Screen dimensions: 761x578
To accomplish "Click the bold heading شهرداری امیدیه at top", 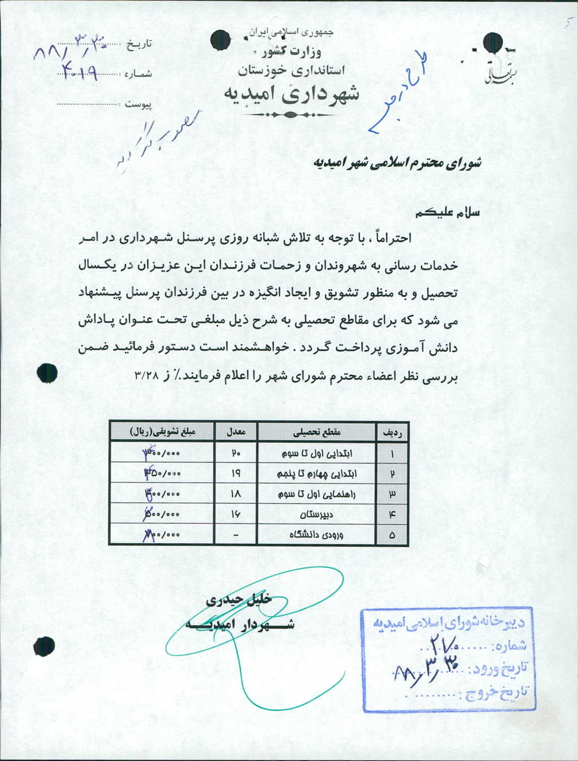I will [291, 94].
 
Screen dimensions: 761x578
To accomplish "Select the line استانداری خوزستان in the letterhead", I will [291, 71].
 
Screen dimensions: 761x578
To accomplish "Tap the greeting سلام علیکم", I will [447, 213].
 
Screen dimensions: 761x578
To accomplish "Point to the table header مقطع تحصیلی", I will [317, 432].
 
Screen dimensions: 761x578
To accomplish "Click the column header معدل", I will [235, 432].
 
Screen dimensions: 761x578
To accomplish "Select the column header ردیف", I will [392, 433].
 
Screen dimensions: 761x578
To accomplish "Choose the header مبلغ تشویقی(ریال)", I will [163, 432].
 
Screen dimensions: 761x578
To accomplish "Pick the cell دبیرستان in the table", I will [317, 514].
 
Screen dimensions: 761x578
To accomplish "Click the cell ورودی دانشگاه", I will [317, 534].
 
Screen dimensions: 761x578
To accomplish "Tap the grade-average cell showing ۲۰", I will [235, 453].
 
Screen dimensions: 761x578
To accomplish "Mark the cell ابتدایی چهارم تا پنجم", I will [317, 473].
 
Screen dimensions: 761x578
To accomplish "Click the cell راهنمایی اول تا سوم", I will [317, 494].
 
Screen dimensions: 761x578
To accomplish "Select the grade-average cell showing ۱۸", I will [235, 494].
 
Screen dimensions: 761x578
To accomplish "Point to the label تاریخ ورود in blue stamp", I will [500, 668].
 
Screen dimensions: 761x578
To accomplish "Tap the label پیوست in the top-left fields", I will [138, 104].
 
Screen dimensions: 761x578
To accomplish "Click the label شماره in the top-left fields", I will [138, 73].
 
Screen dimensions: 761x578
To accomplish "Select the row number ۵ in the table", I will [392, 535].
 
